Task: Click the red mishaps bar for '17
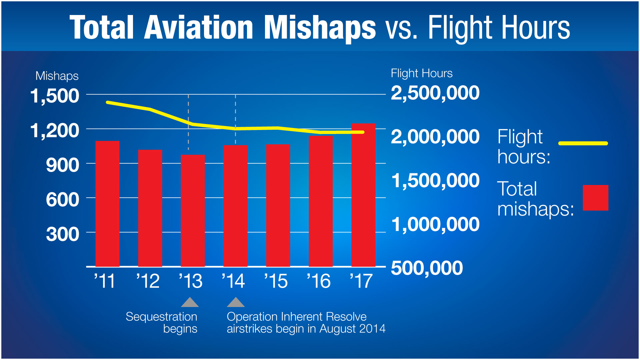click(363, 195)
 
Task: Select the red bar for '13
click(193, 211)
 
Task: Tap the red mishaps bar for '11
click(107, 204)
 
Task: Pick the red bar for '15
click(278, 205)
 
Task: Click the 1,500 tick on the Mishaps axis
click(55, 96)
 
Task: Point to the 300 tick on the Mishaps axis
click(63, 234)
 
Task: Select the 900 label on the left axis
click(63, 165)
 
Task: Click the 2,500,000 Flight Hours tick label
click(435, 93)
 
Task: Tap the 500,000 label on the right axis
click(427, 268)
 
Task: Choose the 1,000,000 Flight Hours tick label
click(435, 224)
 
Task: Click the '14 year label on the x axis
click(233, 281)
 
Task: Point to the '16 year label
click(319, 281)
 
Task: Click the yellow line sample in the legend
click(583, 143)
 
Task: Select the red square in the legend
click(595, 198)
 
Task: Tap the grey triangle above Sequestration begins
click(190, 303)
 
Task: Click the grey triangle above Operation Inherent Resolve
click(236, 303)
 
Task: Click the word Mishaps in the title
click(320, 28)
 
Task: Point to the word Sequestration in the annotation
click(161, 317)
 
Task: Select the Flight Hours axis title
click(422, 73)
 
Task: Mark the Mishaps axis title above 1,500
click(57, 76)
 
